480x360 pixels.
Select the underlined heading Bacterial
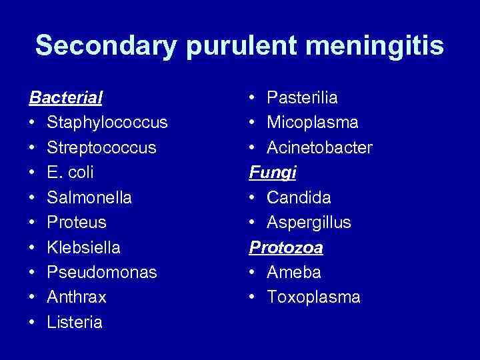click(65, 98)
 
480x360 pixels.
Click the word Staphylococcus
click(107, 123)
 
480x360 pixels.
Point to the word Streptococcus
click(101, 148)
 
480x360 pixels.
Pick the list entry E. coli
click(70, 173)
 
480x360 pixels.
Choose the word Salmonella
click(89, 198)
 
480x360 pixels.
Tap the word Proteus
click(77, 223)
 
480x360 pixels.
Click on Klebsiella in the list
click(84, 248)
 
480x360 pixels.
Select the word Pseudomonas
click(102, 273)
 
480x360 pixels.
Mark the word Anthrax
click(77, 297)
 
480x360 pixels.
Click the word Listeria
click(75, 323)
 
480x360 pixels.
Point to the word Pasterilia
click(302, 98)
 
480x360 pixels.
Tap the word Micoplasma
click(313, 123)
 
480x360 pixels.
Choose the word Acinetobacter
click(319, 148)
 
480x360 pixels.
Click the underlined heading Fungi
click(273, 173)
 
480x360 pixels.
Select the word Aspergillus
click(309, 223)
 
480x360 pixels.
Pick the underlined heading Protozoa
click(286, 248)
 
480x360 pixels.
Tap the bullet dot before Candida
click(253, 198)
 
